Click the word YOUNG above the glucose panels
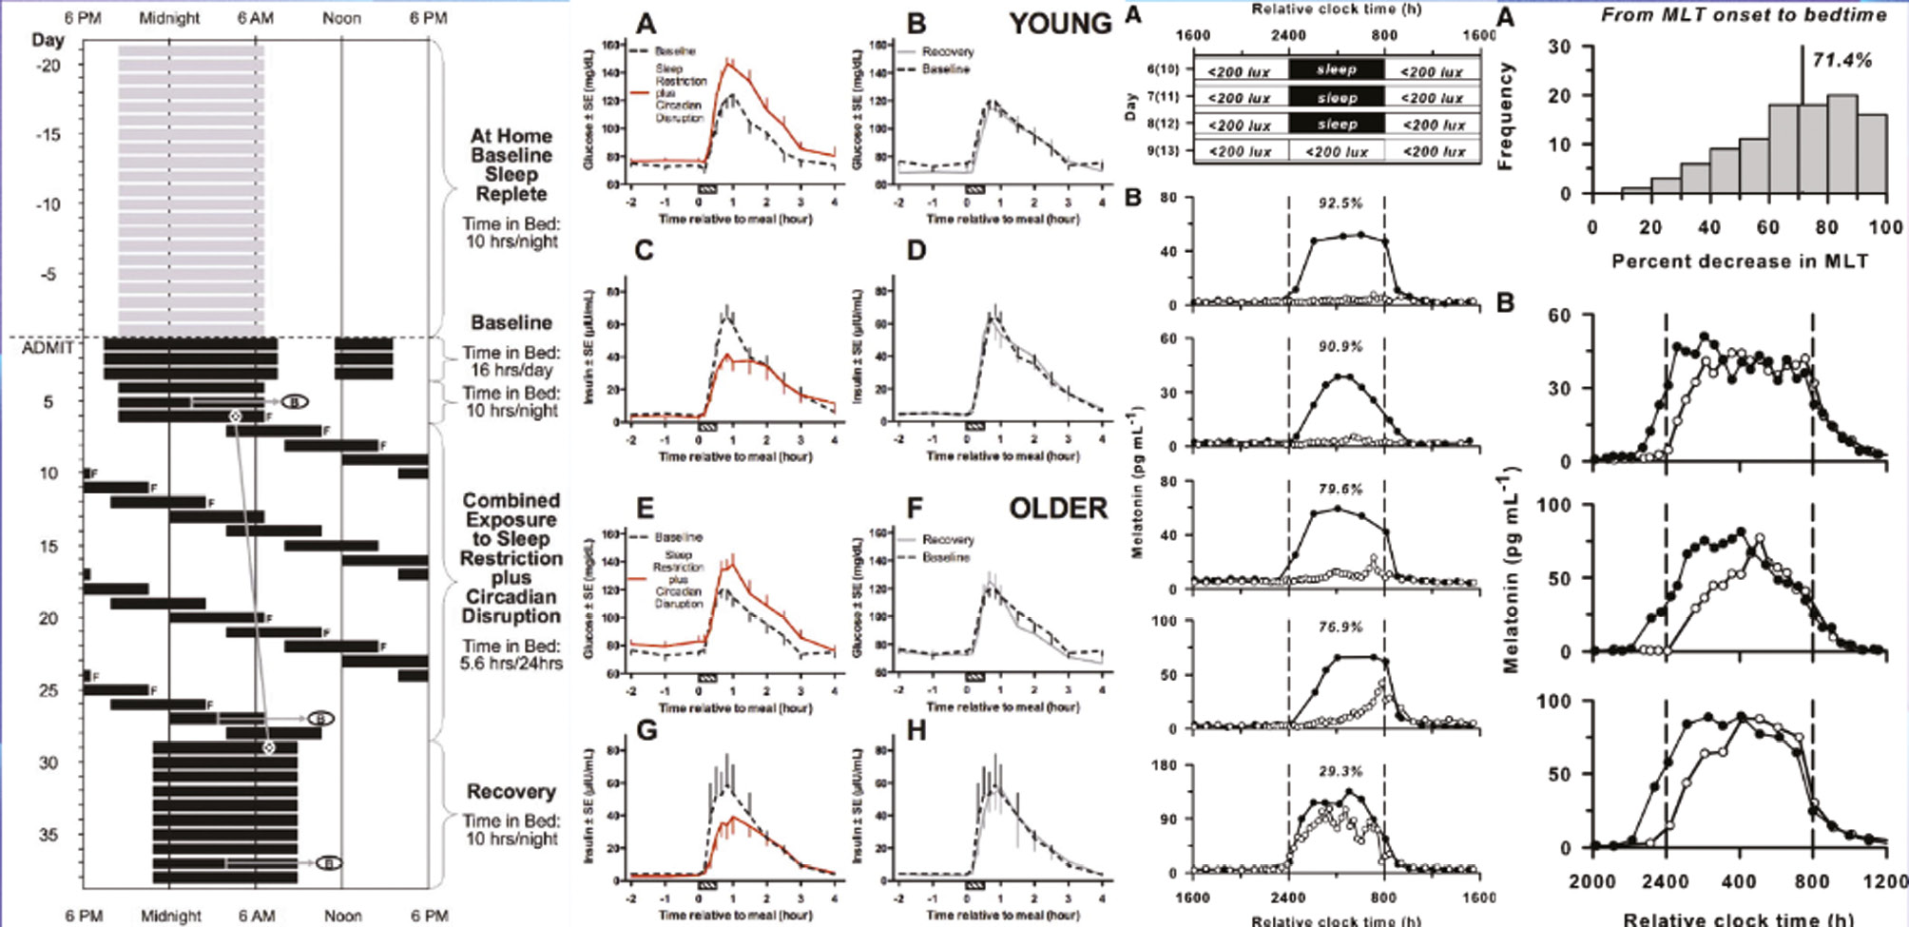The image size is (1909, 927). coord(1060,24)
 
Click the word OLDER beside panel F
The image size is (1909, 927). coord(1058,509)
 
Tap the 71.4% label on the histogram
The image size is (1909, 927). coord(1842,61)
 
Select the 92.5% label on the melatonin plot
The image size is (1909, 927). coord(1340,203)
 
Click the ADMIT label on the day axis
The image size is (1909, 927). coord(48,348)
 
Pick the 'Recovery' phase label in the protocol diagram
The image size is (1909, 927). coord(511,792)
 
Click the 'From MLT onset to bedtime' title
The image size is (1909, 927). coord(1744,14)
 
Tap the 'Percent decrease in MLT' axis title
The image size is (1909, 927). coord(1740,261)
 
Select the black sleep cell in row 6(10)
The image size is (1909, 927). coord(1337,70)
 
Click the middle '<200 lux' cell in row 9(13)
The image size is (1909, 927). coord(1337,151)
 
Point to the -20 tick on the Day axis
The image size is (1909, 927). coord(48,66)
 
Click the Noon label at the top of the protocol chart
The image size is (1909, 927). coord(341,18)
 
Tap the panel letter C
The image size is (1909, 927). coord(645,252)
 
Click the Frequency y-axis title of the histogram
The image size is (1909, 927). coord(1505,117)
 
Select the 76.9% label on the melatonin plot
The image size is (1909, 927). coord(1340,628)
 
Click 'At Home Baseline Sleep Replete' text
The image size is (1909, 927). coord(511,165)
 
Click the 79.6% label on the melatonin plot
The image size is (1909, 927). coord(1340,490)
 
